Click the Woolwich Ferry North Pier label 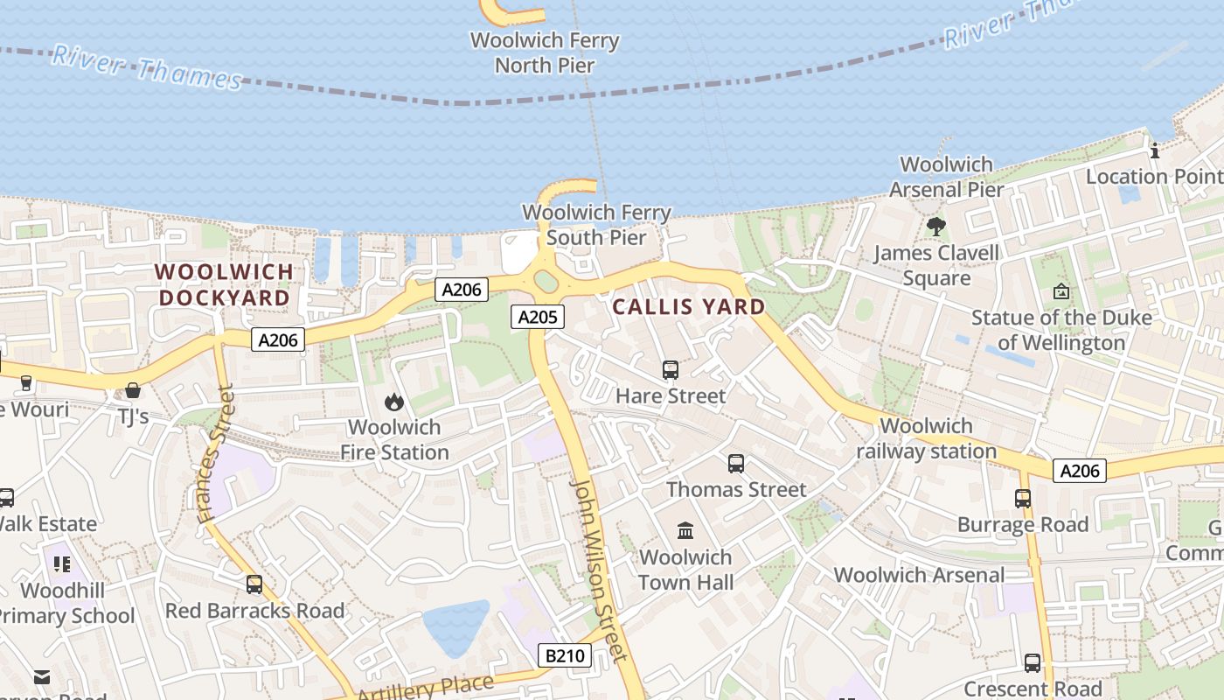545,52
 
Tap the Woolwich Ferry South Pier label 596,225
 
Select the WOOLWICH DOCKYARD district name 224,284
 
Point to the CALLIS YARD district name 689,307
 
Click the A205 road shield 538,317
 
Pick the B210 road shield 564,655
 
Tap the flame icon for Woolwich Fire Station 394,402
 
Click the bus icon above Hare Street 671,370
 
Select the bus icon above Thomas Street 736,464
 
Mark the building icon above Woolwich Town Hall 685,531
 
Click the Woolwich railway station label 926,438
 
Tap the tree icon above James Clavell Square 936,227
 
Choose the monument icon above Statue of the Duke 1061,291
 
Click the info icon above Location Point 1154,150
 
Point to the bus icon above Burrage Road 1023,499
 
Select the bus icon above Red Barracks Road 254,584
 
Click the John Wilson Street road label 599,569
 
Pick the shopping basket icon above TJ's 133,390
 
